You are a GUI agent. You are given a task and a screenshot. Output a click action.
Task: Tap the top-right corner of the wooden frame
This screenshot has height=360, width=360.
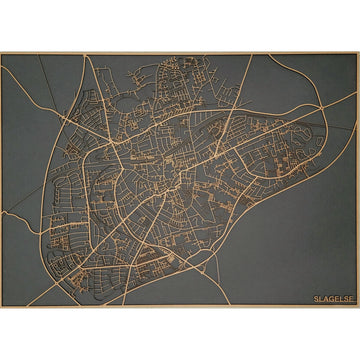pyautogui.click(x=358, y=53)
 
